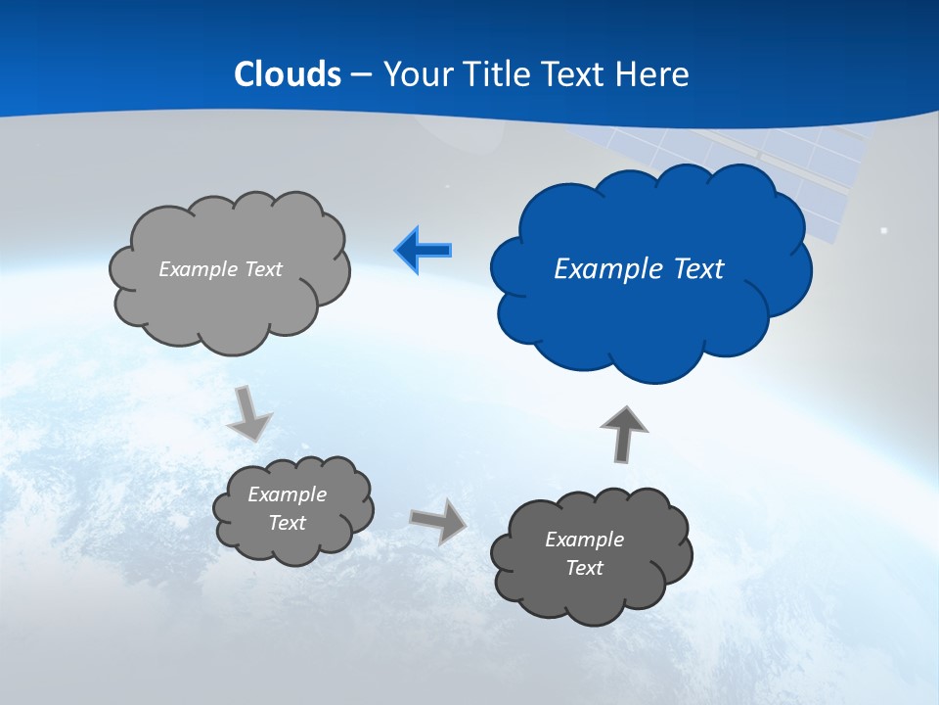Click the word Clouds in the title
click(288, 74)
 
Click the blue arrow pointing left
click(424, 251)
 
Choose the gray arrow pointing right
click(438, 520)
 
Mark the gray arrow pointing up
click(623, 433)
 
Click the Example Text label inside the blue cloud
click(639, 269)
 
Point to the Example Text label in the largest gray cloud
click(220, 269)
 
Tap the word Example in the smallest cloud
click(287, 494)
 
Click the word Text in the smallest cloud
click(287, 523)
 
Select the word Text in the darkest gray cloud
click(584, 568)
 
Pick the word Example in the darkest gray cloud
click(584, 540)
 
